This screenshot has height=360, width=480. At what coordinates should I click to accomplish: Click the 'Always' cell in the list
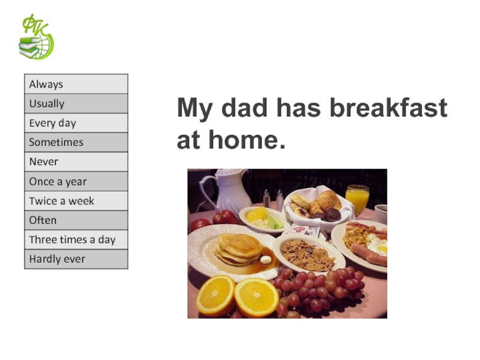click(76, 84)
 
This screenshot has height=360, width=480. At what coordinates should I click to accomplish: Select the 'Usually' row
click(76, 103)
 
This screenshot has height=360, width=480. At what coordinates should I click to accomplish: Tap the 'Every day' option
click(76, 123)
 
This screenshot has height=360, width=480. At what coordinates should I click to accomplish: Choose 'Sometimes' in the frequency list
click(76, 142)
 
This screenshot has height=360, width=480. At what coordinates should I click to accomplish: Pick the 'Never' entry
click(76, 161)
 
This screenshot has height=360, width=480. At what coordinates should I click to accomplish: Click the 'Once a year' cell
click(76, 181)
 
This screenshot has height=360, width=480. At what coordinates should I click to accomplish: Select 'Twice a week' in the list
click(76, 201)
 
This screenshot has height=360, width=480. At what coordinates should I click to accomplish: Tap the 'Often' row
click(76, 220)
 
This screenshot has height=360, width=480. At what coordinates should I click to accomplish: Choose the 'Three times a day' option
click(76, 239)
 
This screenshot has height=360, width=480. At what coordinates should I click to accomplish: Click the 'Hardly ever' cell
click(76, 259)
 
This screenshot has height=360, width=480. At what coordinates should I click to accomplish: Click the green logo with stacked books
click(36, 37)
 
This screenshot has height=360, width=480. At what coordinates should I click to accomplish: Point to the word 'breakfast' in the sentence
click(389, 108)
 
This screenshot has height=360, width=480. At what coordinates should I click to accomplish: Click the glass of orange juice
click(357, 199)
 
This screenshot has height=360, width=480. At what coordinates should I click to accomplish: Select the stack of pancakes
click(239, 250)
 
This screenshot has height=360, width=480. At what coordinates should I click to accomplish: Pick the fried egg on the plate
click(377, 244)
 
